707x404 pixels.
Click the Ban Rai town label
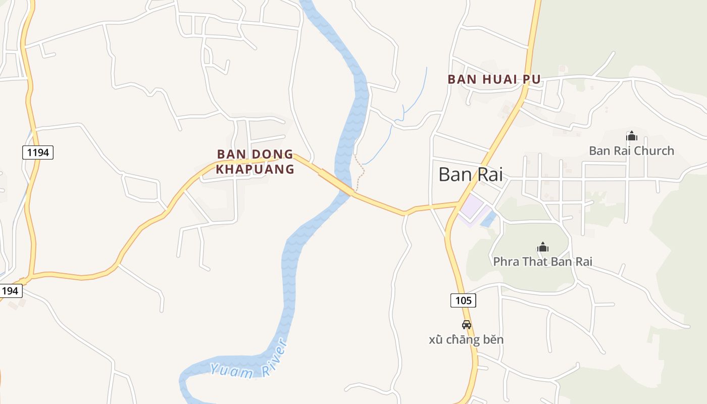click(470, 174)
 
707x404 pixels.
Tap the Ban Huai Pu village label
click(494, 79)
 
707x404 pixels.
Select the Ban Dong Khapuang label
click(255, 162)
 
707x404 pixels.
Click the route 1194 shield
click(38, 152)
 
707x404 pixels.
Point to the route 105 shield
click(463, 300)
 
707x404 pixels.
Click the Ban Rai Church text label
click(631, 150)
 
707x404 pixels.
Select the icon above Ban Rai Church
click(631, 136)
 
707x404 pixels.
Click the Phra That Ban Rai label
click(542, 262)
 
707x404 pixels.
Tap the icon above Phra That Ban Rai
click(543, 247)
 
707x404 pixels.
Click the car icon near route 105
click(467, 325)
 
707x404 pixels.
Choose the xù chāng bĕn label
click(466, 339)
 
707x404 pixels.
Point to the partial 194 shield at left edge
click(10, 290)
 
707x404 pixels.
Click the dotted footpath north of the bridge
click(361, 172)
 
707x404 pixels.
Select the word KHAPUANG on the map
click(255, 169)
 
